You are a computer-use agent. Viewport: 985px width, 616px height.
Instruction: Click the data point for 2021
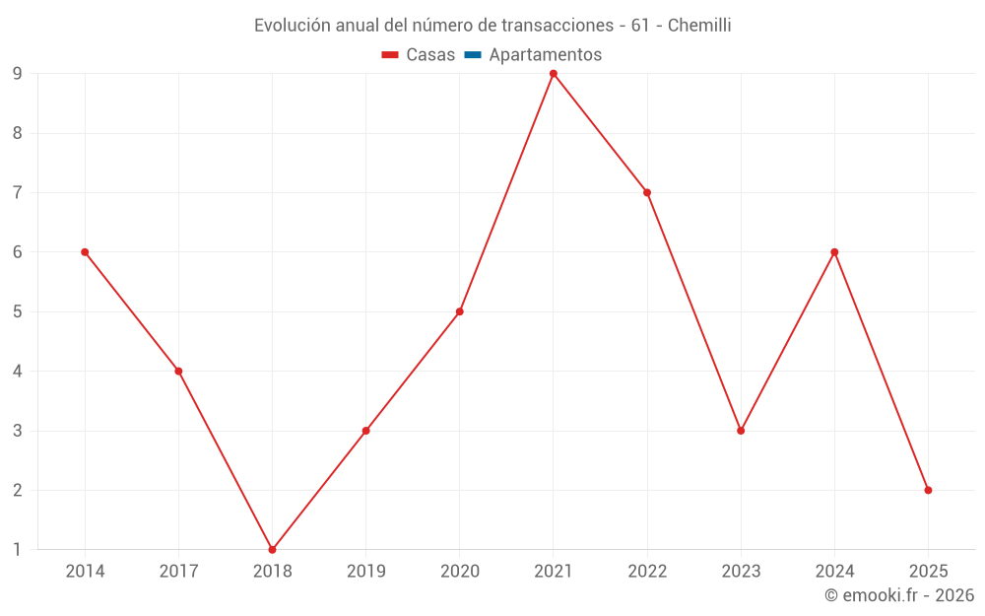pos(554,74)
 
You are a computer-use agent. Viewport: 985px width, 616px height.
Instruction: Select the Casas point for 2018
pos(272,549)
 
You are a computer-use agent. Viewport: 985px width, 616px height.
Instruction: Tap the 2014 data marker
pos(85,252)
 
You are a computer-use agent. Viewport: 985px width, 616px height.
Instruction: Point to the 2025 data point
pos(928,490)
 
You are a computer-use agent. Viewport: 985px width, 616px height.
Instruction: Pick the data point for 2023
pos(741,431)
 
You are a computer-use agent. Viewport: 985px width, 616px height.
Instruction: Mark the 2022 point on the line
pos(647,192)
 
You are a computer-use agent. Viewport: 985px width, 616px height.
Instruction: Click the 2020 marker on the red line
pos(460,311)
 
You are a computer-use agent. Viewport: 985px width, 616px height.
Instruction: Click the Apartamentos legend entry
pos(545,55)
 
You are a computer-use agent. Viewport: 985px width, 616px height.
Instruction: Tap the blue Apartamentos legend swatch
pos(472,55)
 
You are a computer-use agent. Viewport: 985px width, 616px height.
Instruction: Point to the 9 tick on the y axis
pos(17,74)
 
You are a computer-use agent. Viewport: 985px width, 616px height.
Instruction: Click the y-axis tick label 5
pos(17,311)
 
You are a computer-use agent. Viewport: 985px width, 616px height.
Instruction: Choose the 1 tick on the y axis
pos(17,549)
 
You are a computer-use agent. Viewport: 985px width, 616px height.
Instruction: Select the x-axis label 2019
pos(366,572)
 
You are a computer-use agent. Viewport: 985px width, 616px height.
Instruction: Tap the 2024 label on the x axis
pos(834,572)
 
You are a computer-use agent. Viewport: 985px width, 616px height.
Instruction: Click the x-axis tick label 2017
pos(178,572)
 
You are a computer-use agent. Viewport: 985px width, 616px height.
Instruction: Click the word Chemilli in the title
pos(699,26)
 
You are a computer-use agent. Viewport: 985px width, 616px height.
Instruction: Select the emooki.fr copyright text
pos(899,595)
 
